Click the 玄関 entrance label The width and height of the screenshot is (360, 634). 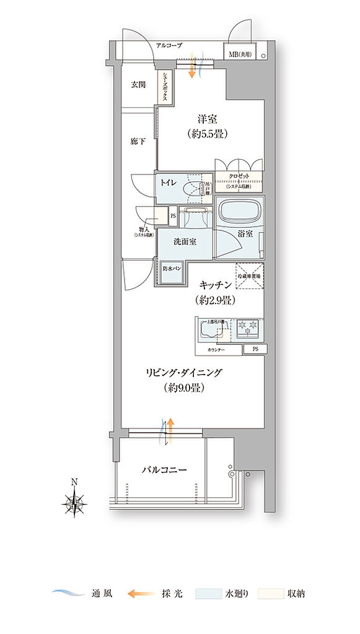138,85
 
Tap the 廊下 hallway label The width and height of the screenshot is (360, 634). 138,141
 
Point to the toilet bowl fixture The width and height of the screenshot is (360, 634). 195,191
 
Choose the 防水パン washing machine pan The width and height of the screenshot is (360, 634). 172,269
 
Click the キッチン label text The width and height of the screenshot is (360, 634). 216,285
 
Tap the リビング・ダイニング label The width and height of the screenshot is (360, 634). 184,373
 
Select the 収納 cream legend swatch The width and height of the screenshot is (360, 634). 270,593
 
